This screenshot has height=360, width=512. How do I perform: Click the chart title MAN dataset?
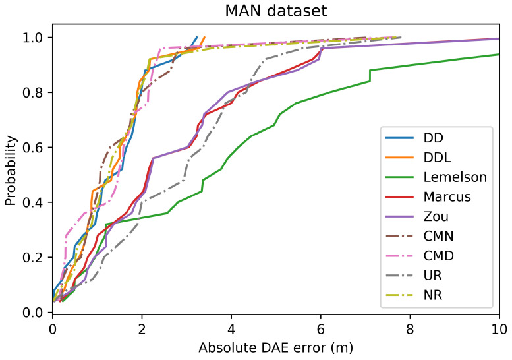[x=275, y=11]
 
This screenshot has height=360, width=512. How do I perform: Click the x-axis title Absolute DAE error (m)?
[x=275, y=347]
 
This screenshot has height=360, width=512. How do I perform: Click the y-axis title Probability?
[x=11, y=168]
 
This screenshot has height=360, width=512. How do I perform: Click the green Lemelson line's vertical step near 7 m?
[x=370, y=75]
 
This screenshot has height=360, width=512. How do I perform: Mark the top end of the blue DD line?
[x=196, y=38]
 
